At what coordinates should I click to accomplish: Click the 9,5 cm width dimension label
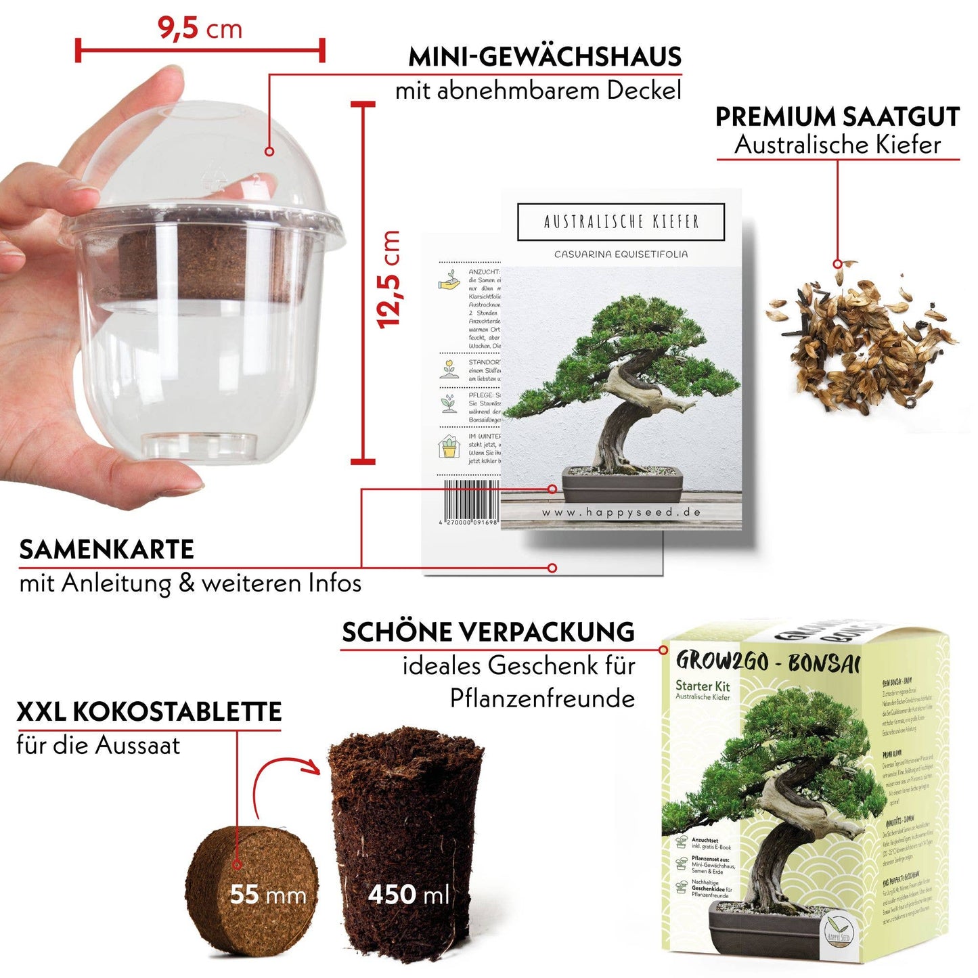200,28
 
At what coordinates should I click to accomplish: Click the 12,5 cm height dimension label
390,280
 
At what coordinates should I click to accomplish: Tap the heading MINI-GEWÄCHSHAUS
544,57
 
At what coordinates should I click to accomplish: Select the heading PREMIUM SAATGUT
837,116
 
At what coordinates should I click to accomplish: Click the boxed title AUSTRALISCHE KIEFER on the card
621,222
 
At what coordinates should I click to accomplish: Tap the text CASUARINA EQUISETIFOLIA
621,254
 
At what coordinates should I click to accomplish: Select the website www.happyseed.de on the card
621,512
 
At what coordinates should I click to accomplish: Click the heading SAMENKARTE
107,550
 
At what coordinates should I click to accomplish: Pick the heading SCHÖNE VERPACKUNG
488,632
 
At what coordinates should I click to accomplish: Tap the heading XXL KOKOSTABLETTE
149,712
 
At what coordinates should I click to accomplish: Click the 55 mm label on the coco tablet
268,895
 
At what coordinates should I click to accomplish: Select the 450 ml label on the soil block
409,895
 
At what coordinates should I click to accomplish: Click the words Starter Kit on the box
703,686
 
